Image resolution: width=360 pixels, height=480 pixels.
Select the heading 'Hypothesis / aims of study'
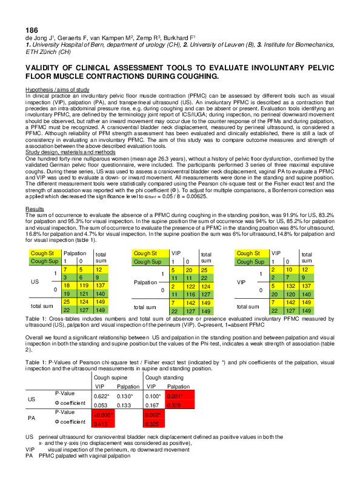click(x=57, y=90)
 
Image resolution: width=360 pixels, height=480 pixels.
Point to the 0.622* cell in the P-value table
click(x=102, y=395)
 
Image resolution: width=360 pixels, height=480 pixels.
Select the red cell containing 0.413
click(x=101, y=424)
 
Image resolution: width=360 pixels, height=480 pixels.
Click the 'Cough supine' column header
click(x=111, y=377)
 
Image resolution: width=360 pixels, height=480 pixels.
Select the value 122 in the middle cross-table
click(x=190, y=285)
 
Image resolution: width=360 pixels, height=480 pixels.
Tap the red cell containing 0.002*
click(x=154, y=415)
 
